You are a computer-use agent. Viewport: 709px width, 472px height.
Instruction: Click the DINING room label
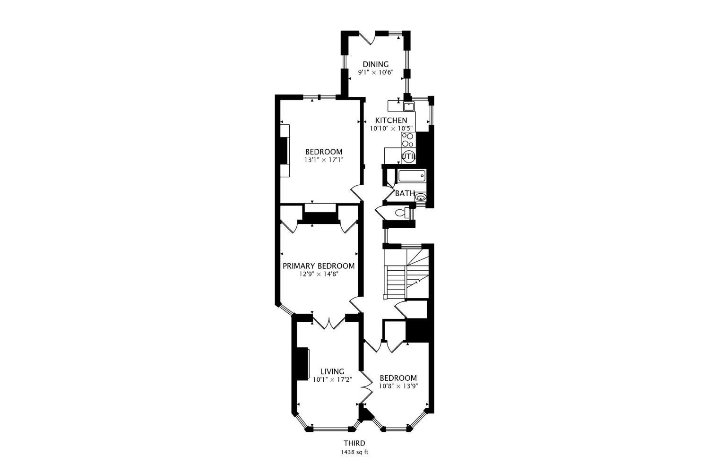[375, 64]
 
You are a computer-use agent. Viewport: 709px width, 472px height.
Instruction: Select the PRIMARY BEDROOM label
[318, 266]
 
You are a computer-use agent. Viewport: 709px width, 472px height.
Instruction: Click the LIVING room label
[332, 371]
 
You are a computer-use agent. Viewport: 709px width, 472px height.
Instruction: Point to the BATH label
[405, 193]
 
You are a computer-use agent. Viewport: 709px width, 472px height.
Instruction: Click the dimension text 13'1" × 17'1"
[323, 160]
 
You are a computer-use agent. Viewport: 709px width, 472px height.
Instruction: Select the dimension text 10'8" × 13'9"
[398, 386]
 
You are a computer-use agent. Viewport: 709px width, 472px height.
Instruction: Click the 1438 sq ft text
[354, 452]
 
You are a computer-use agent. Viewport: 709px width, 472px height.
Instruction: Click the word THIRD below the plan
[354, 443]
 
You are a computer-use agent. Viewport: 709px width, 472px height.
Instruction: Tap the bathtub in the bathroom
[412, 176]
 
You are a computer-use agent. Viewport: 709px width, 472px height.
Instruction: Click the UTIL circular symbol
[408, 156]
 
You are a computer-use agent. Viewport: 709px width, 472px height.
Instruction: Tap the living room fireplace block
[301, 364]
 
